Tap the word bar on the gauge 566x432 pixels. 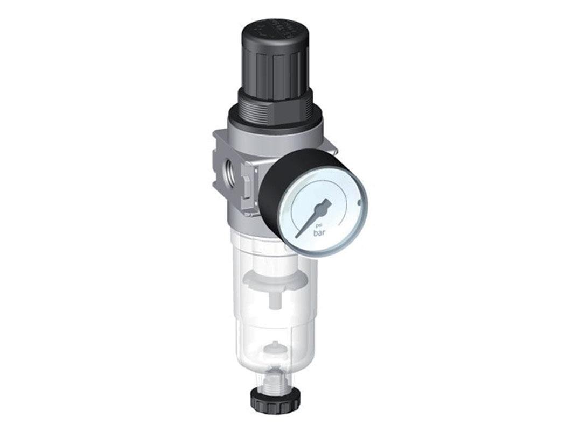[x=320, y=234]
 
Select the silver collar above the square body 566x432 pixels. [x=269, y=132]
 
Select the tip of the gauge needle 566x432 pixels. [x=298, y=236]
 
